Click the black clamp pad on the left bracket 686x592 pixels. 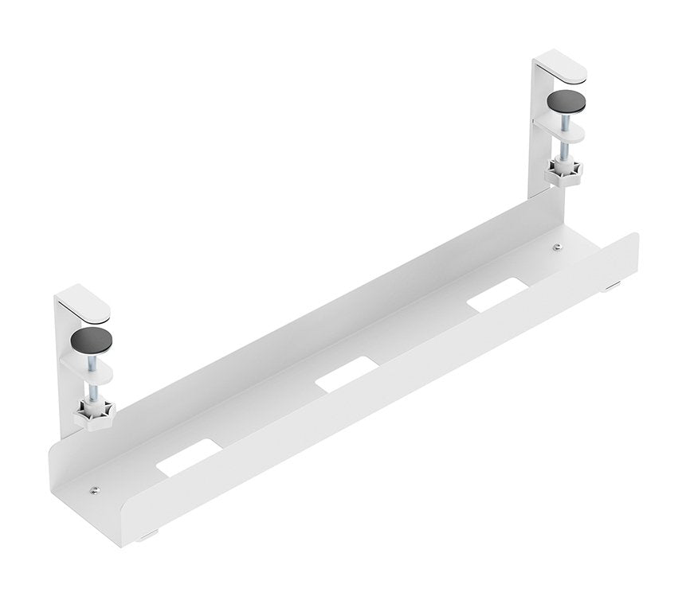tap(91, 341)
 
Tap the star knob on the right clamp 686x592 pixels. tap(563, 171)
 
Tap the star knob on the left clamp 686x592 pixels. tap(95, 413)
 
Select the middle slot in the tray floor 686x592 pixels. tap(346, 373)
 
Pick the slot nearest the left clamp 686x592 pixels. tap(188, 457)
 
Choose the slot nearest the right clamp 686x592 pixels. tap(498, 294)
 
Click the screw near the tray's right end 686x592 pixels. tap(557, 247)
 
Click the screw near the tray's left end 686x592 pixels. tap(94, 491)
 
